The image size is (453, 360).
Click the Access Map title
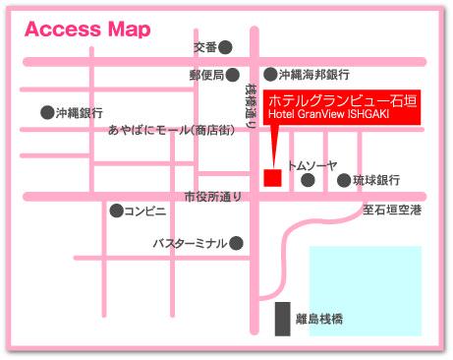point(87,29)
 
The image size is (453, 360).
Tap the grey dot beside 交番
point(226,46)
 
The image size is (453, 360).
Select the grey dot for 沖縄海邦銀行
point(269,74)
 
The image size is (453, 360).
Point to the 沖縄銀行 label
point(76,112)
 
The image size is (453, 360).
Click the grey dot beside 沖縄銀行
point(46,112)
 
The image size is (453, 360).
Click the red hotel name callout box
point(343,110)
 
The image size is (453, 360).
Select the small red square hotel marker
point(272,177)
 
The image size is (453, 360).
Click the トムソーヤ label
point(312,165)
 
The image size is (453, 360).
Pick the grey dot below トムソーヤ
point(308,180)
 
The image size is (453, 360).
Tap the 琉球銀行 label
point(375,180)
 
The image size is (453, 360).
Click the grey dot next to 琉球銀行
point(344,180)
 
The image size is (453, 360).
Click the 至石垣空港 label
point(391,209)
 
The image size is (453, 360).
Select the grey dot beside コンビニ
point(117,210)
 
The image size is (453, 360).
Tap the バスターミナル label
point(189,242)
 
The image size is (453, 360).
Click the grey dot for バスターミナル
point(236,242)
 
